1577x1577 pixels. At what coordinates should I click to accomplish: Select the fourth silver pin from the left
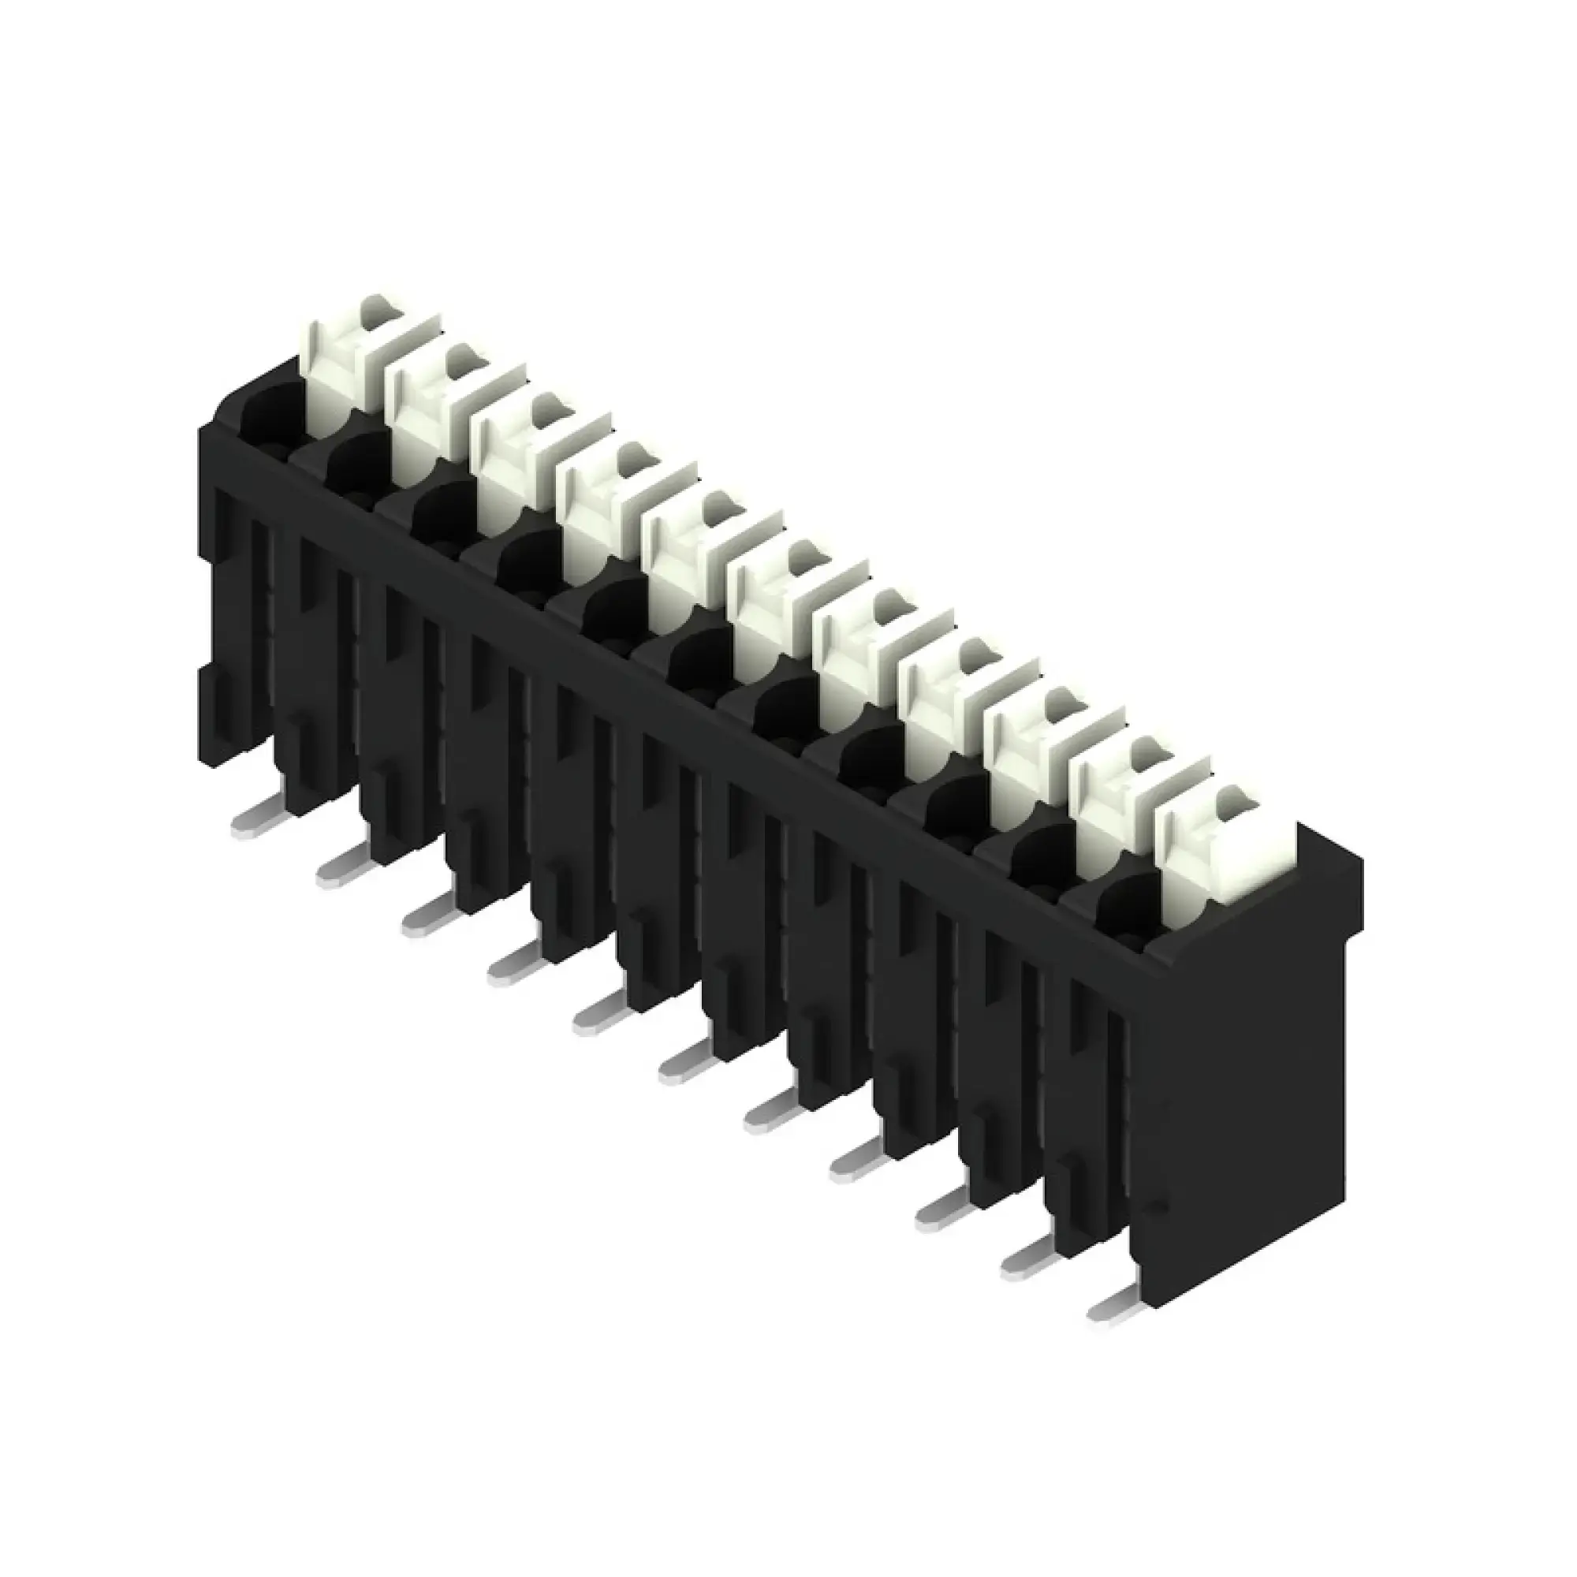pyautogui.click(x=511, y=966)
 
